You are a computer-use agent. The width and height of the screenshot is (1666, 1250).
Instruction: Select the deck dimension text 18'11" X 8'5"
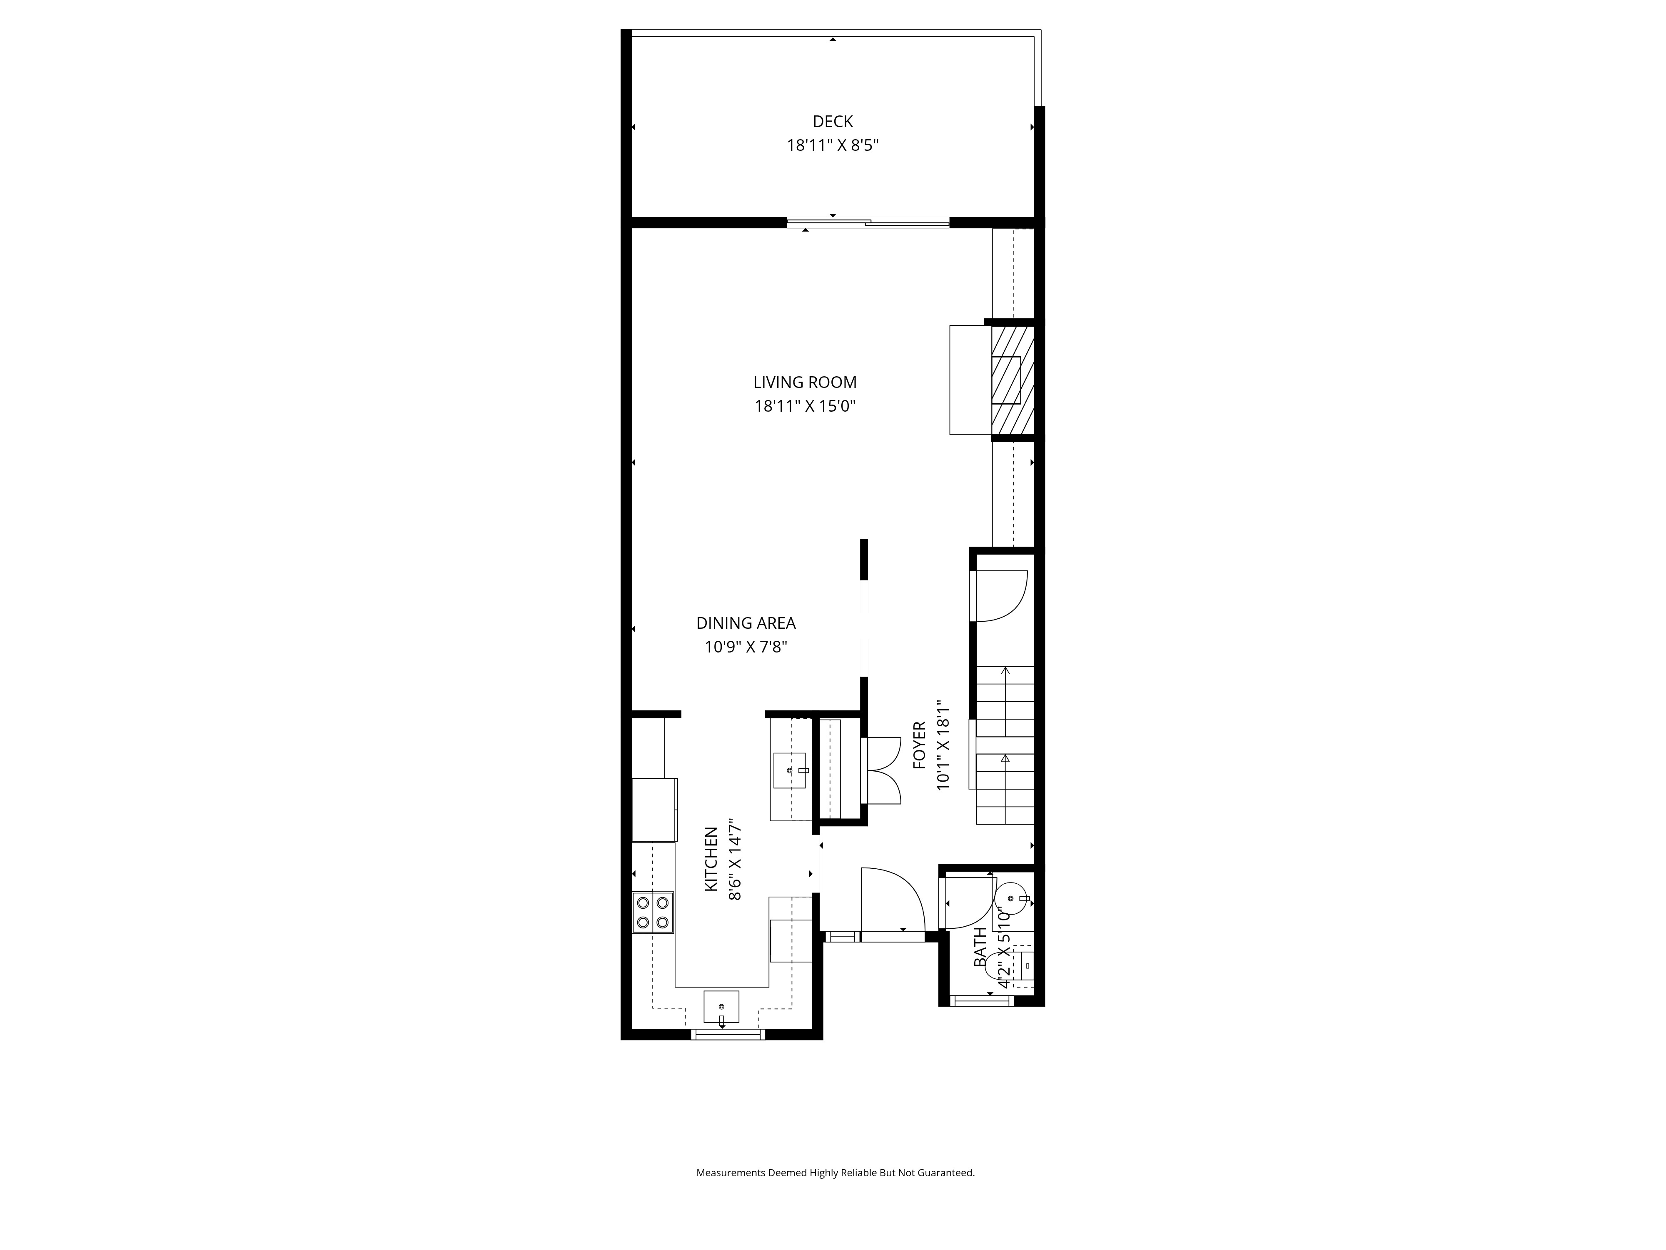(833, 145)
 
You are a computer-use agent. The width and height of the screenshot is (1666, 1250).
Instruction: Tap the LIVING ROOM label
(805, 383)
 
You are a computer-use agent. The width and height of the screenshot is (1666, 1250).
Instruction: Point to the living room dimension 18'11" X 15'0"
(805, 407)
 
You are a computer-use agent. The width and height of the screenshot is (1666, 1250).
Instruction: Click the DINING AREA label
(746, 623)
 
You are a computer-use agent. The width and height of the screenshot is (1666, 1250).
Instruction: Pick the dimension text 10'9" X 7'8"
(746, 647)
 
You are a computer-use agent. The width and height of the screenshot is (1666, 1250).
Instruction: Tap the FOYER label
(920, 746)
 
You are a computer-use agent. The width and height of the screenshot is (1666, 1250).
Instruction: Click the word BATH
(980, 947)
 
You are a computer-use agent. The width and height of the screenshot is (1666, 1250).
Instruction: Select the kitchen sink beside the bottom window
(721, 1007)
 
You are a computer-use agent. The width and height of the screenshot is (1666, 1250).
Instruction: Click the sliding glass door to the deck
(868, 222)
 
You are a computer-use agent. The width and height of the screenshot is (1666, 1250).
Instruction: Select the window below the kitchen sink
(728, 1035)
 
